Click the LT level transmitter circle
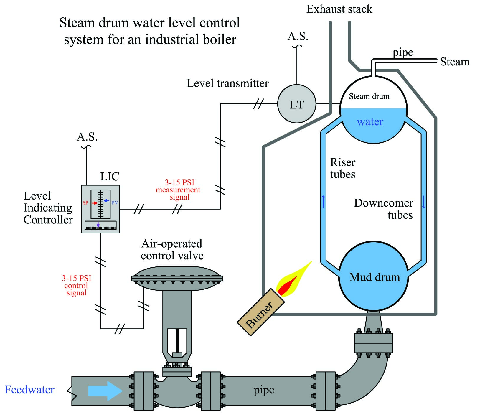297,104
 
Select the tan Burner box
261,312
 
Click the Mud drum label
375,277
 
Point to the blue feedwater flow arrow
105,391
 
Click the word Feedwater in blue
29,390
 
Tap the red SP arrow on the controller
94,203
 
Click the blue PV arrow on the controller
106,201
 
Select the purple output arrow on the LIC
98,224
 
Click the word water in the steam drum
370,121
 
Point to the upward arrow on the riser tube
323,202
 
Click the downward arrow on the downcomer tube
424,202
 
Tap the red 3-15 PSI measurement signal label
178,190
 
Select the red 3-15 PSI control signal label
77,285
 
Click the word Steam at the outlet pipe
455,62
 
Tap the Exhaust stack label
339,9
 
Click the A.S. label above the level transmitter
298,36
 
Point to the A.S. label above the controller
87,137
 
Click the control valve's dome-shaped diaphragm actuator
177,278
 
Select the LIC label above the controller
110,177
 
